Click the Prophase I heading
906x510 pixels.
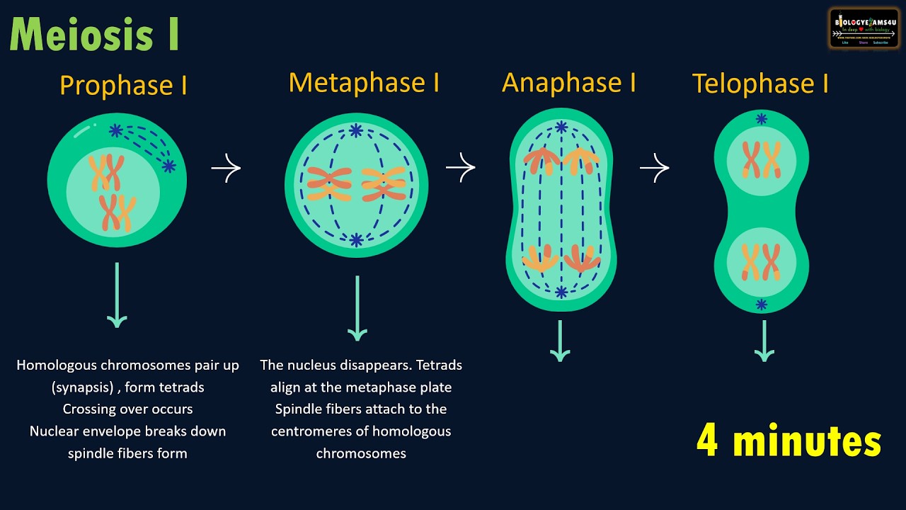point(123,86)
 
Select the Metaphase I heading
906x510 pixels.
point(364,83)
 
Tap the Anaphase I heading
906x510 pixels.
point(568,83)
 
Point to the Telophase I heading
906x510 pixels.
point(760,84)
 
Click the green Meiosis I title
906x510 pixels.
point(94,35)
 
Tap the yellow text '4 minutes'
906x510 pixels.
point(789,441)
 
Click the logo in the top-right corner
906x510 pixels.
point(864,28)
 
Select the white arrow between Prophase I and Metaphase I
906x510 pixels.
point(226,168)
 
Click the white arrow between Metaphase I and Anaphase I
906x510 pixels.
point(460,167)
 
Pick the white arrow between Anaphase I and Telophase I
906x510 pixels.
point(654,168)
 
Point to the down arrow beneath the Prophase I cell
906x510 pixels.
point(117,295)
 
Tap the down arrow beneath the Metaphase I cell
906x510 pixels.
point(357,308)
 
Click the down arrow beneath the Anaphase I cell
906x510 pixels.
point(560,341)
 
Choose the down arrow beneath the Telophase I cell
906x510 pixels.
point(764,341)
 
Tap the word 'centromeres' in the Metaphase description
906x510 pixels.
point(306,431)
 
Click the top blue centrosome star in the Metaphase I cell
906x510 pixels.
point(356,130)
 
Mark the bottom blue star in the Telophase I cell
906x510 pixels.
point(761,305)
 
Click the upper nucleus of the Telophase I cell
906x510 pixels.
point(761,159)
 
